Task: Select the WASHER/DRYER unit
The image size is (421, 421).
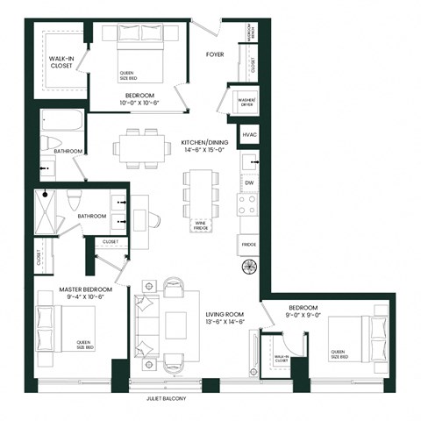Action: [x=243, y=103]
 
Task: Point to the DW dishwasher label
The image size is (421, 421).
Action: [x=248, y=182]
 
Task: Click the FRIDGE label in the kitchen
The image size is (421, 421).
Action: [x=248, y=244]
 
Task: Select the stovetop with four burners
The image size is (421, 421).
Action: [x=247, y=204]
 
